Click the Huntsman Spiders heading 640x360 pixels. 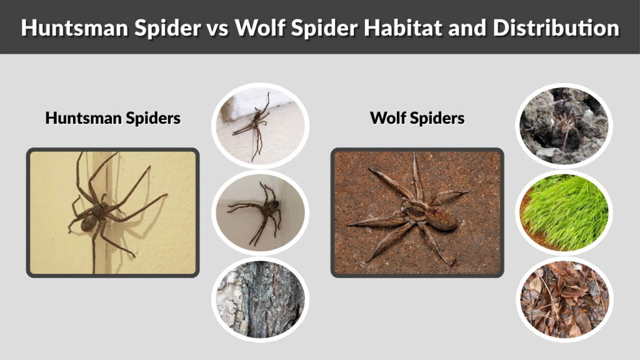tap(112, 117)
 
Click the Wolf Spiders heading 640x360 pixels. tap(417, 117)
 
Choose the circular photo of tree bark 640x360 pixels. tap(259, 299)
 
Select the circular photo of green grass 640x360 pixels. tap(564, 212)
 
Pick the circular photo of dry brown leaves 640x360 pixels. tap(564, 299)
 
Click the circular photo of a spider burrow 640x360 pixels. tap(564, 126)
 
